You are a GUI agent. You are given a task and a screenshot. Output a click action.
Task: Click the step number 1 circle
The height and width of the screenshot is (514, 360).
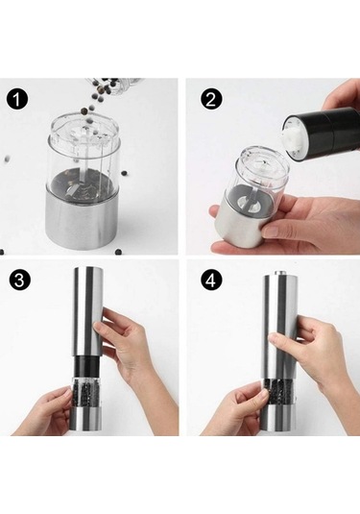pyautogui.click(x=17, y=100)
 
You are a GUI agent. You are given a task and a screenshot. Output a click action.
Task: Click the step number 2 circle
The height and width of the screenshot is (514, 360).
pyautogui.click(x=211, y=100)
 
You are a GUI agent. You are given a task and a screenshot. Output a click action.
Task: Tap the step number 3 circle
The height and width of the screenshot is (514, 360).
pyautogui.click(x=20, y=281)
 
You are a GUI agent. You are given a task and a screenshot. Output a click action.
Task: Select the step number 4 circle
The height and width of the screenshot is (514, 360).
pyautogui.click(x=211, y=281)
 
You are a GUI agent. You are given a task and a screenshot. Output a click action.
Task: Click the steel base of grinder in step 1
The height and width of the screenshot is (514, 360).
pyautogui.click(x=82, y=221)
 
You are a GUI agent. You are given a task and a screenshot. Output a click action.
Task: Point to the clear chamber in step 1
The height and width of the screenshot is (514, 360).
pyautogui.click(x=83, y=154)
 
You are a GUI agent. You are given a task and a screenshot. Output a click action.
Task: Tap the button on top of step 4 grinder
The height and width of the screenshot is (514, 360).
pyautogui.click(x=279, y=273)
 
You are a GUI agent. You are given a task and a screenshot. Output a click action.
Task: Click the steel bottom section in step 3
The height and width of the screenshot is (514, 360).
pyautogui.click(x=84, y=421)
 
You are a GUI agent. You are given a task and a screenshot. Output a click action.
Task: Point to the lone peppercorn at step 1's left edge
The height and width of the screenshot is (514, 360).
pyautogui.click(x=7, y=159)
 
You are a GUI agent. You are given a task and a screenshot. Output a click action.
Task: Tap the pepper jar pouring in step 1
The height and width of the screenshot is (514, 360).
pyautogui.click(x=114, y=86)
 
